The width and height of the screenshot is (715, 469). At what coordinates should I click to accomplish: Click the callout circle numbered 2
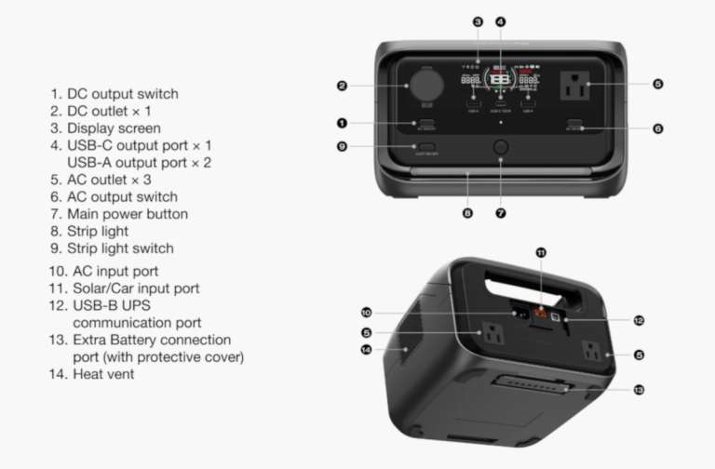[343, 87]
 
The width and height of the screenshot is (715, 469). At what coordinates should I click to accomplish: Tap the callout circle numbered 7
[501, 213]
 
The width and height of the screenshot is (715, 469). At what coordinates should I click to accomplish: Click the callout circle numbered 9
[343, 146]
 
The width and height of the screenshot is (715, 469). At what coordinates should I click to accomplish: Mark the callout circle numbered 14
[366, 350]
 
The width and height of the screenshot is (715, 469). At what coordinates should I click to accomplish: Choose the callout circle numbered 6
[658, 128]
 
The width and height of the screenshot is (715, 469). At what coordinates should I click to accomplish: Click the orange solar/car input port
[538, 315]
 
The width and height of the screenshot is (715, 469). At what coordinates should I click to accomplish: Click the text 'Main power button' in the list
[127, 214]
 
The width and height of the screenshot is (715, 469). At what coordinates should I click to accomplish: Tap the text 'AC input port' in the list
[115, 271]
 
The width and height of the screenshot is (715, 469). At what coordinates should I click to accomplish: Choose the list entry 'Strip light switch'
[120, 248]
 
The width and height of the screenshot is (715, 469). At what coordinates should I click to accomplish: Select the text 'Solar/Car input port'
[136, 288]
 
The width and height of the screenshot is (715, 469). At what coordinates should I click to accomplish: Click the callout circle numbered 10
[366, 312]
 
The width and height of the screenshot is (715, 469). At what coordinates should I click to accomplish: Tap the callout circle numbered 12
[639, 320]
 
